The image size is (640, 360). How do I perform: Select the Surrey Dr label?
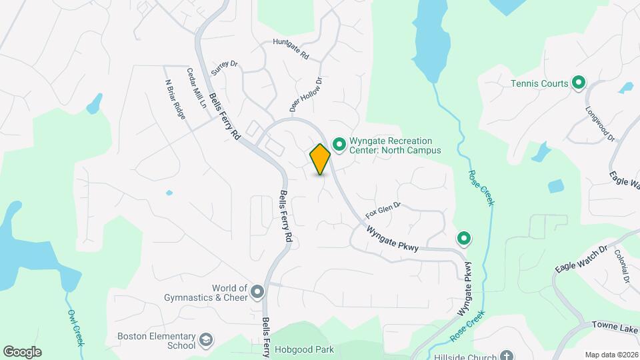(x=224, y=67)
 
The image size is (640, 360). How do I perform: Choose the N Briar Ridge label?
(x=174, y=99)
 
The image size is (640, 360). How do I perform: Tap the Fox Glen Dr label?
(x=383, y=210)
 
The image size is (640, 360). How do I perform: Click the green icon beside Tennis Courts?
(x=579, y=83)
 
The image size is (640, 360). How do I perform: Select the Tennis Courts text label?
(x=539, y=83)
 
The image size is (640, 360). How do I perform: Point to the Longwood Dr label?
(x=600, y=123)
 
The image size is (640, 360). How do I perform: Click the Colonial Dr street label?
(x=623, y=266)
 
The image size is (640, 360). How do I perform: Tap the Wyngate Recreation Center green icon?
(x=339, y=144)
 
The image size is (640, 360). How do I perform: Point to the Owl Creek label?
(x=75, y=326)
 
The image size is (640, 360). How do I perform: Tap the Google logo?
(x=22, y=351)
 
